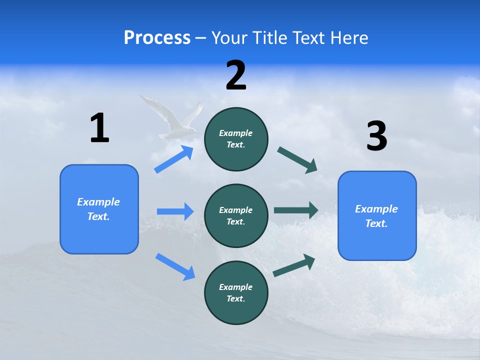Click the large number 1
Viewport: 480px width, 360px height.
pyautogui.click(x=99, y=128)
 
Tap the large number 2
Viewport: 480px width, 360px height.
pyautogui.click(x=236, y=75)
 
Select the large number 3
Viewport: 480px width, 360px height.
pyautogui.click(x=376, y=136)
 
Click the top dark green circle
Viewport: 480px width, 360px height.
pyautogui.click(x=236, y=139)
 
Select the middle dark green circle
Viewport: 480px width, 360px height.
pyautogui.click(x=236, y=216)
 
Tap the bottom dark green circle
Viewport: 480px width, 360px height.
pyautogui.click(x=236, y=293)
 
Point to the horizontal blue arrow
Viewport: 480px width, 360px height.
pyautogui.click(x=175, y=211)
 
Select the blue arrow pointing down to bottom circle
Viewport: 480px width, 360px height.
pyautogui.click(x=175, y=266)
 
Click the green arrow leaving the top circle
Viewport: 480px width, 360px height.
pyautogui.click(x=297, y=160)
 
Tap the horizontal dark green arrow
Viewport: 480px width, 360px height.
pyautogui.click(x=296, y=210)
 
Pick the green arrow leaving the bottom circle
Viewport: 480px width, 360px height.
pyautogui.click(x=294, y=265)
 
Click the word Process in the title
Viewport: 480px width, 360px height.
pyautogui.click(x=157, y=38)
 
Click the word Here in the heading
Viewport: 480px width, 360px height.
pyautogui.click(x=347, y=38)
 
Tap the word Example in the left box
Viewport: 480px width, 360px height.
pyautogui.click(x=98, y=202)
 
